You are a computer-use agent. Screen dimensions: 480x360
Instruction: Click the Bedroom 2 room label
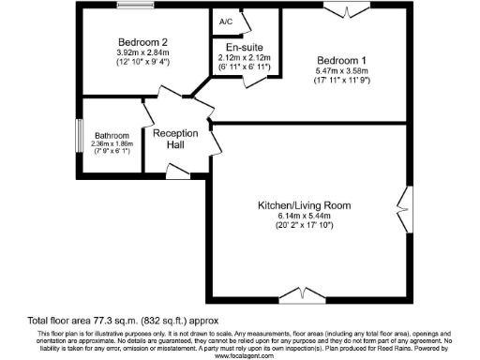142,42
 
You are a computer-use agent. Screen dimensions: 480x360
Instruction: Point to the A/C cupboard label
226,21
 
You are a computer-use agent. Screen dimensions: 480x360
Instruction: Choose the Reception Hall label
176,139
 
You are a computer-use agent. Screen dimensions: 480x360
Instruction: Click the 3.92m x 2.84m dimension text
142,54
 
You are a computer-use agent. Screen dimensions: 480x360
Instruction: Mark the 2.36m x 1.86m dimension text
112,145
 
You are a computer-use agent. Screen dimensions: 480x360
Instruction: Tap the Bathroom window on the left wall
79,134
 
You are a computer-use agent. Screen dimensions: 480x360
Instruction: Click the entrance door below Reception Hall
176,170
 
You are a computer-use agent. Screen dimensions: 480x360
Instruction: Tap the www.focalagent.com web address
240,355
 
